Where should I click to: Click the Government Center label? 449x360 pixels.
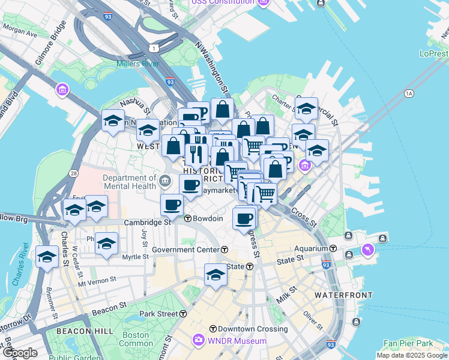[185, 250]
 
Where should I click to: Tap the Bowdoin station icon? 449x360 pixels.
[188, 218]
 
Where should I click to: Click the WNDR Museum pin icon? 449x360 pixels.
[198, 341]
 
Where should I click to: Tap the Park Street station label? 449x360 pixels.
[158, 314]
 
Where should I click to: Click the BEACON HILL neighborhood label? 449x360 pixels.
[82, 331]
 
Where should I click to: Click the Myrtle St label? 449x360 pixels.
[135, 257]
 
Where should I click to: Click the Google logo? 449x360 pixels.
[19, 353]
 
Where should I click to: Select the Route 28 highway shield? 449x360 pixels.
[73, 173]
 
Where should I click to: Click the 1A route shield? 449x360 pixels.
[409, 94]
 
